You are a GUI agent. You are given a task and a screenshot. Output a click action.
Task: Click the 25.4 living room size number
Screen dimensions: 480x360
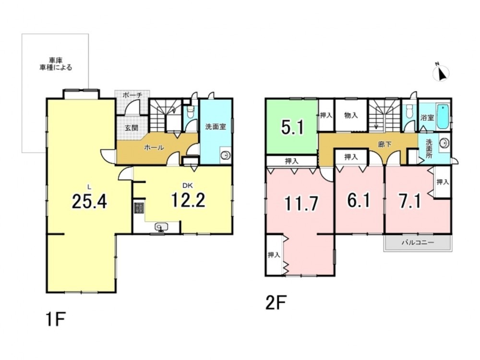(89, 202)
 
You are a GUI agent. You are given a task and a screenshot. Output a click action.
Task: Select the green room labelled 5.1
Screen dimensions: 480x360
(292, 127)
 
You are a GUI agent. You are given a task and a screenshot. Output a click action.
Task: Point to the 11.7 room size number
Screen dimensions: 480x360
(301, 203)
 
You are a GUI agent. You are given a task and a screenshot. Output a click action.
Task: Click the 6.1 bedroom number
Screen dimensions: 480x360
(359, 201)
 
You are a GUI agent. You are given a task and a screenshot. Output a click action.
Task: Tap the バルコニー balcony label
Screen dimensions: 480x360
(418, 243)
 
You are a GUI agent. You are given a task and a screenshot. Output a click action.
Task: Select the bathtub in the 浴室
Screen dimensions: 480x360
(443, 117)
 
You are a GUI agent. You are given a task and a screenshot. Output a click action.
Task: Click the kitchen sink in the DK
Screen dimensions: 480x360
(161, 227)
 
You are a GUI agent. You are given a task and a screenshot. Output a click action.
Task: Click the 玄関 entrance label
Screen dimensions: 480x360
(132, 128)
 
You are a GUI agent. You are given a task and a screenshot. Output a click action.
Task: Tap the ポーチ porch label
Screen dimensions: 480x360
(132, 95)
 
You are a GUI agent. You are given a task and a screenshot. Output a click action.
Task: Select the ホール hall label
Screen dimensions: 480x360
(154, 148)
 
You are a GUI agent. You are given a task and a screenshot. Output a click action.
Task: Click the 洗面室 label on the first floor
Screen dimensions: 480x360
(216, 126)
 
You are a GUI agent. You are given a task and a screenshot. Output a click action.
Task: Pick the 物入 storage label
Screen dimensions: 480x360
(351, 115)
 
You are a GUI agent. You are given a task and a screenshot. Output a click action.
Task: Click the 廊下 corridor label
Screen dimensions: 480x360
(385, 144)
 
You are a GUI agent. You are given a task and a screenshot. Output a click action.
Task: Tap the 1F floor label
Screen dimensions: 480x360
(56, 319)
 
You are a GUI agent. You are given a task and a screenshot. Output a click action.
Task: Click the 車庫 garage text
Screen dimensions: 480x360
(56, 60)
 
